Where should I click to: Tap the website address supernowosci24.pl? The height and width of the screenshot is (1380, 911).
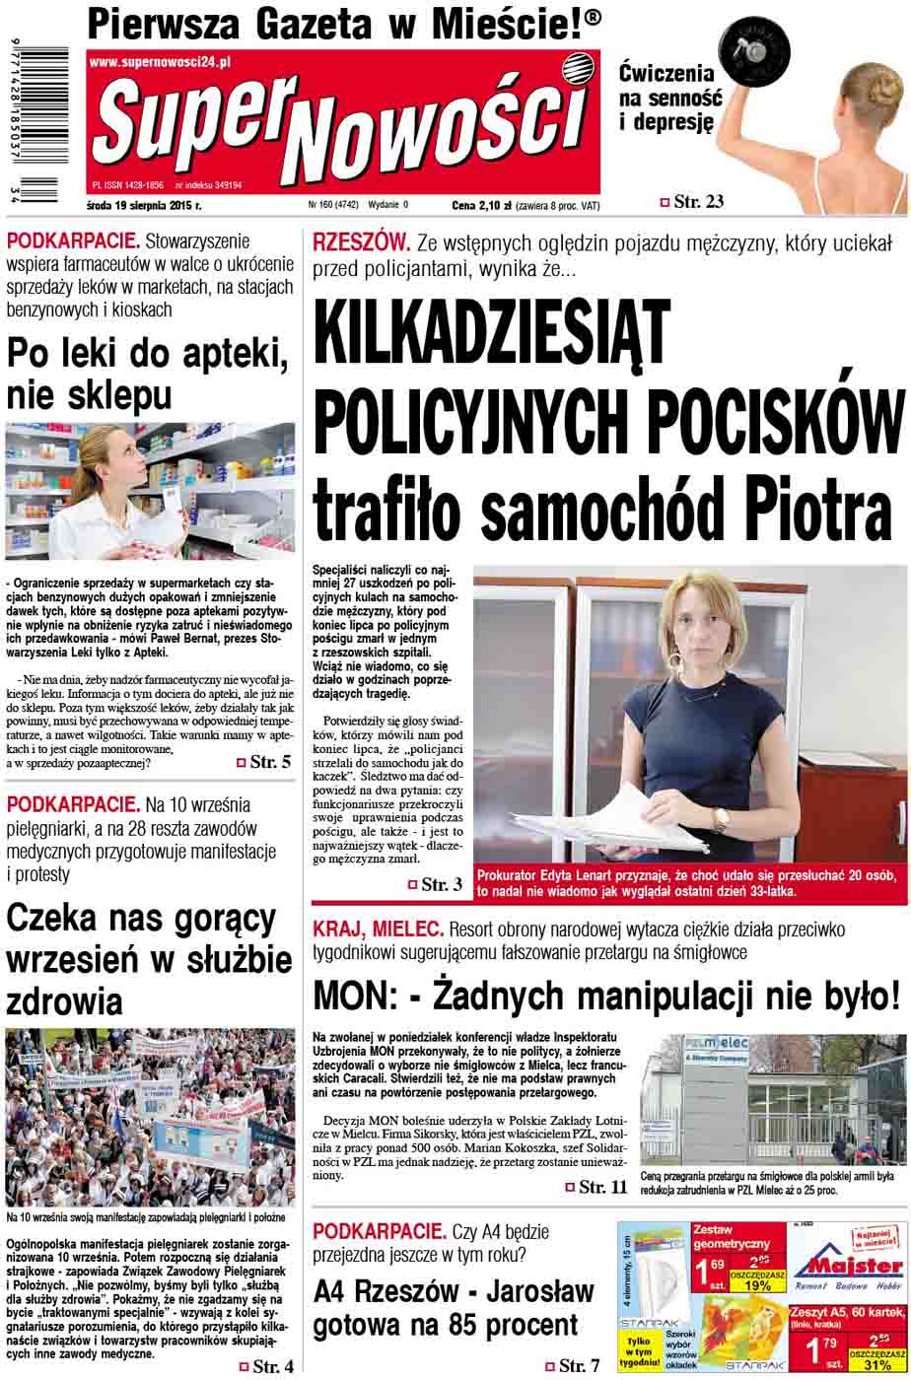160,62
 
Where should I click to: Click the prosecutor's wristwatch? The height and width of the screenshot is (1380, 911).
720,818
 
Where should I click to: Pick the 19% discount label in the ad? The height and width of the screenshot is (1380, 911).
757,1285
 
